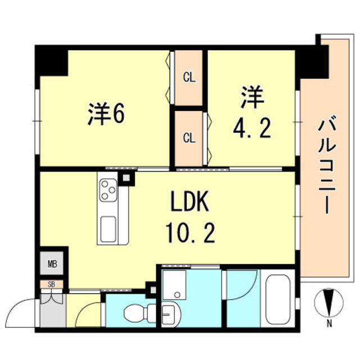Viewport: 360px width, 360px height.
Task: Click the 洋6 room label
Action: pos(106,114)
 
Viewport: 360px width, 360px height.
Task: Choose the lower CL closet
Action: pos(189,137)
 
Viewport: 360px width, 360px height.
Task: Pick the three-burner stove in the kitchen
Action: pos(108,190)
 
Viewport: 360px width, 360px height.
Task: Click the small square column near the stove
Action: pos(127,178)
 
